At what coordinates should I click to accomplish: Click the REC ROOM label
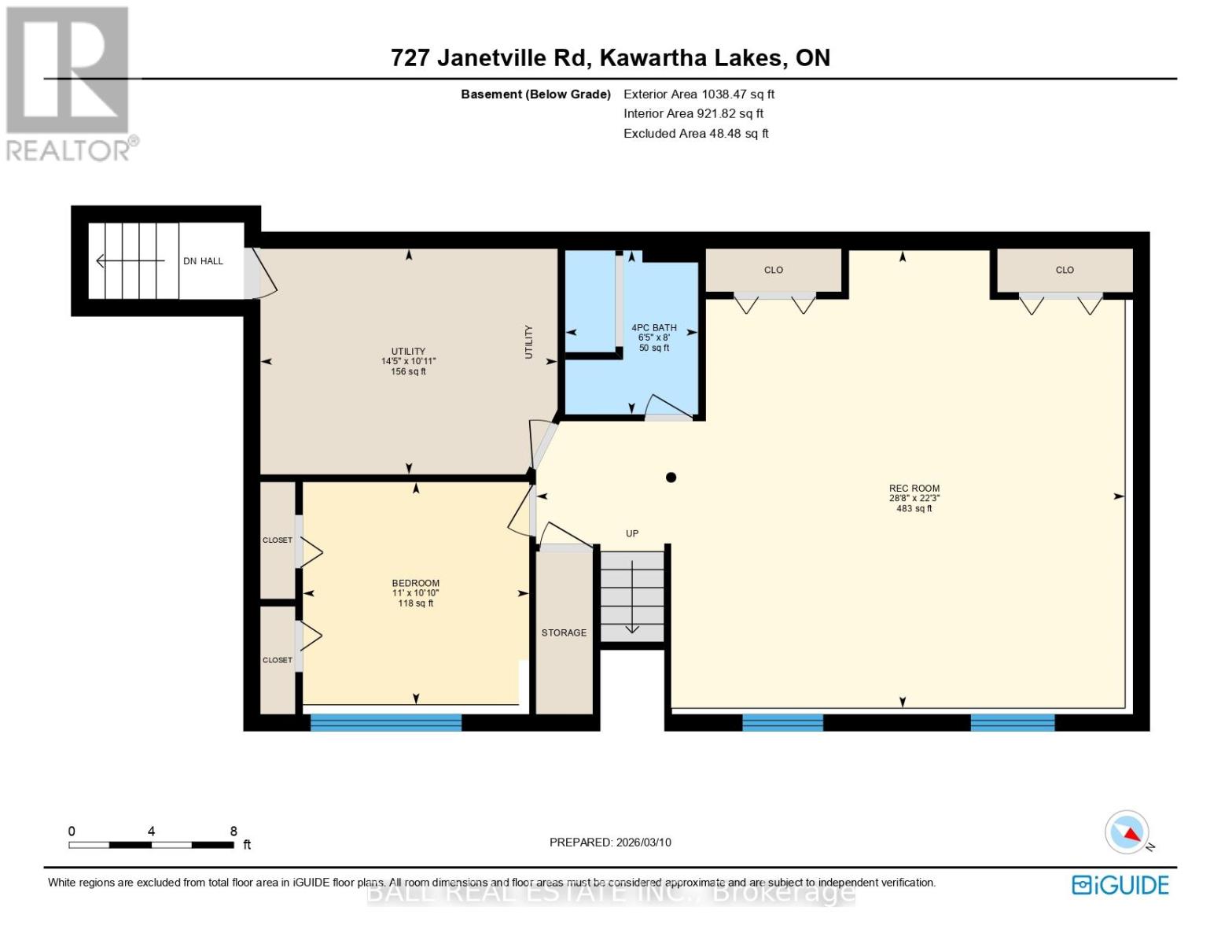pos(914,489)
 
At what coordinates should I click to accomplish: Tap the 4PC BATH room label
pos(653,328)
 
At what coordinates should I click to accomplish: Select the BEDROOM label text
pos(415,584)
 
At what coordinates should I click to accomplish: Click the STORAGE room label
pos(564,632)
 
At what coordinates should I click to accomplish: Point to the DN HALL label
pos(203,261)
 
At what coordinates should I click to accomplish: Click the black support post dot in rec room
pos(671,478)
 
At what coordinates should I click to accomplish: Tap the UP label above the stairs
pos(632,533)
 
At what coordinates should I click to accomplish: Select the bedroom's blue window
pos(385,722)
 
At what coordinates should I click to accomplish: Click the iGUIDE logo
pos(1120,885)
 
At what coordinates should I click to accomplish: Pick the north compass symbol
pos(1127,832)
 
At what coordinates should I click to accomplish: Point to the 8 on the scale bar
pos(234,832)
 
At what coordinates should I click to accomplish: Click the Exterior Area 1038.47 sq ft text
pos(699,94)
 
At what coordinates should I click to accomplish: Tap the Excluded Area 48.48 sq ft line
pos(696,134)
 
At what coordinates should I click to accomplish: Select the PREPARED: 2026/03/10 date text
pos(610,843)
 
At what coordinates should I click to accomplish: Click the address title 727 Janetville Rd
pos(610,58)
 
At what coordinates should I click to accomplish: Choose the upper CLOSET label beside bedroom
pos(277,540)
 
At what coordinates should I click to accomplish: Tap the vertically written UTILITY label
pos(528,342)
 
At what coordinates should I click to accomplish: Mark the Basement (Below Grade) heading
pos(535,94)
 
